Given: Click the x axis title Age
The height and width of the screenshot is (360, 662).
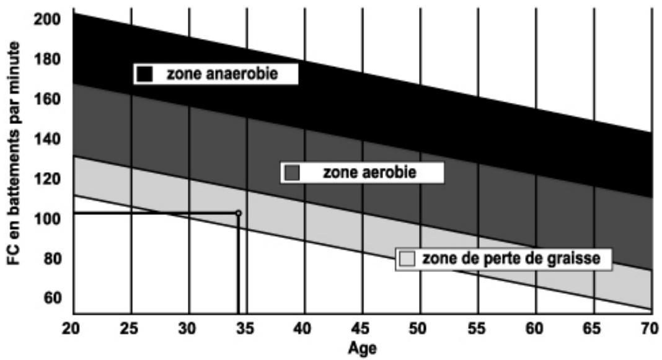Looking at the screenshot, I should [363, 348].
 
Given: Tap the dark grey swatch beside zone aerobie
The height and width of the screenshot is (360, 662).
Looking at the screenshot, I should [291, 172].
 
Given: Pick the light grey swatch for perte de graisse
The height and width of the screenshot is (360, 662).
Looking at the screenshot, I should [407, 258].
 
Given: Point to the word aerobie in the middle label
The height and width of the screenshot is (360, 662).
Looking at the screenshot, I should [392, 172].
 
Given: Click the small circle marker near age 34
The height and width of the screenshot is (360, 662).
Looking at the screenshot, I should [238, 213].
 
